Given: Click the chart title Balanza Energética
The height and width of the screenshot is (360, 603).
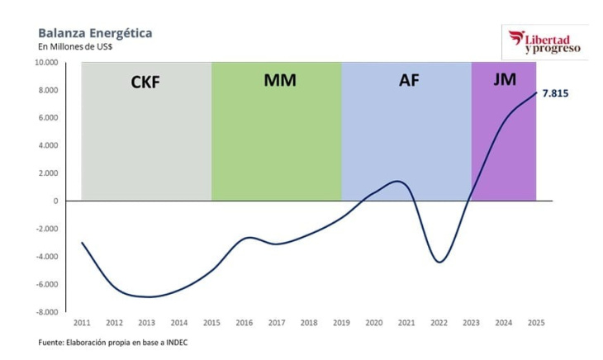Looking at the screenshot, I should [x=95, y=33].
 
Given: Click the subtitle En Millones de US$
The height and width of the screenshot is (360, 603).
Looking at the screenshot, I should [x=76, y=47].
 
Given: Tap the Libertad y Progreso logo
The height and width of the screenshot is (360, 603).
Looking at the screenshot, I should [x=545, y=41].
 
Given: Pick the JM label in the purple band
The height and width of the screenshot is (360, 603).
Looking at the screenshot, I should [x=505, y=80].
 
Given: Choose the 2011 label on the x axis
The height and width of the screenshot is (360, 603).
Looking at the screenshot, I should [x=82, y=322].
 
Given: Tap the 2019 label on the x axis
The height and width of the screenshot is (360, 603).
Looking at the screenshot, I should [x=341, y=322].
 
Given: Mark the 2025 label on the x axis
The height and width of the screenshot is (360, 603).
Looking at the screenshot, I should [x=536, y=322].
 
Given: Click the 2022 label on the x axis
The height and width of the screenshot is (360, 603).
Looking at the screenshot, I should [x=439, y=322].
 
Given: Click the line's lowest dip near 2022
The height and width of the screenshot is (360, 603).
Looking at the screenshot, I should [x=439, y=263].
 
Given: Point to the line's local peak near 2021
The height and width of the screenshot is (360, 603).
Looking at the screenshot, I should [x=398, y=182].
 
